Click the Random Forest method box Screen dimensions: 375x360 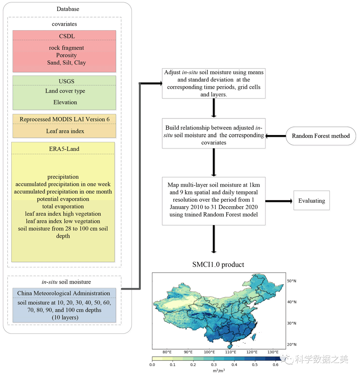tap(321, 136)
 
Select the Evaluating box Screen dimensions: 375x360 tap(311, 201)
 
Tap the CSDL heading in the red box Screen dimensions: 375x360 tap(67, 36)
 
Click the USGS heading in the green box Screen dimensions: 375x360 tap(66, 81)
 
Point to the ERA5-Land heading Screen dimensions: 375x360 tap(64, 149)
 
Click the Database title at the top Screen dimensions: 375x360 tap(68, 9)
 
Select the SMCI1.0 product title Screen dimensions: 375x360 tap(218, 265)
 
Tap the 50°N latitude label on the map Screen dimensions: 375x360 tap(291, 281)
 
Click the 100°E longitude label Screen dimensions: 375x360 tap(209, 352)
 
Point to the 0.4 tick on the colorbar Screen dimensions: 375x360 tap(234, 365)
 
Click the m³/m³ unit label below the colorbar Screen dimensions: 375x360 tap(219, 371)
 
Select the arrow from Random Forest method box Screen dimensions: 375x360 tap(276, 136)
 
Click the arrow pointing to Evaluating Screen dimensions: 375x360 tap(279, 201)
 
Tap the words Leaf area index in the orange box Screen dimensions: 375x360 tap(65, 131)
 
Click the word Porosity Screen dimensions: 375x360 tap(66, 55)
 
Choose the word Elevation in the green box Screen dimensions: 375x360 tap(65, 102)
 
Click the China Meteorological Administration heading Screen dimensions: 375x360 tap(64, 293)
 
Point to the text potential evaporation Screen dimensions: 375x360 tap(63, 199)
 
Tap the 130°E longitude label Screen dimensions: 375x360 tap(273, 352)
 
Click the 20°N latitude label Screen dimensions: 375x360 tap(291, 345)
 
